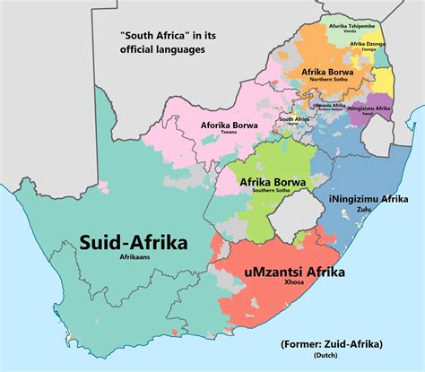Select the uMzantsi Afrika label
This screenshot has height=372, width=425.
(292, 272)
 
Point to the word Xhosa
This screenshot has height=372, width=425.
(292, 285)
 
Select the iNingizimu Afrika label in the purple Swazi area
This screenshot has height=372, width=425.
(369, 108)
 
